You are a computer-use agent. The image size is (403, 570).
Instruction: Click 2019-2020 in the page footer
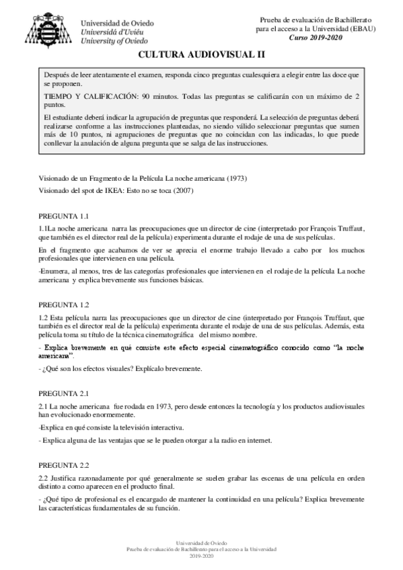201,557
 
